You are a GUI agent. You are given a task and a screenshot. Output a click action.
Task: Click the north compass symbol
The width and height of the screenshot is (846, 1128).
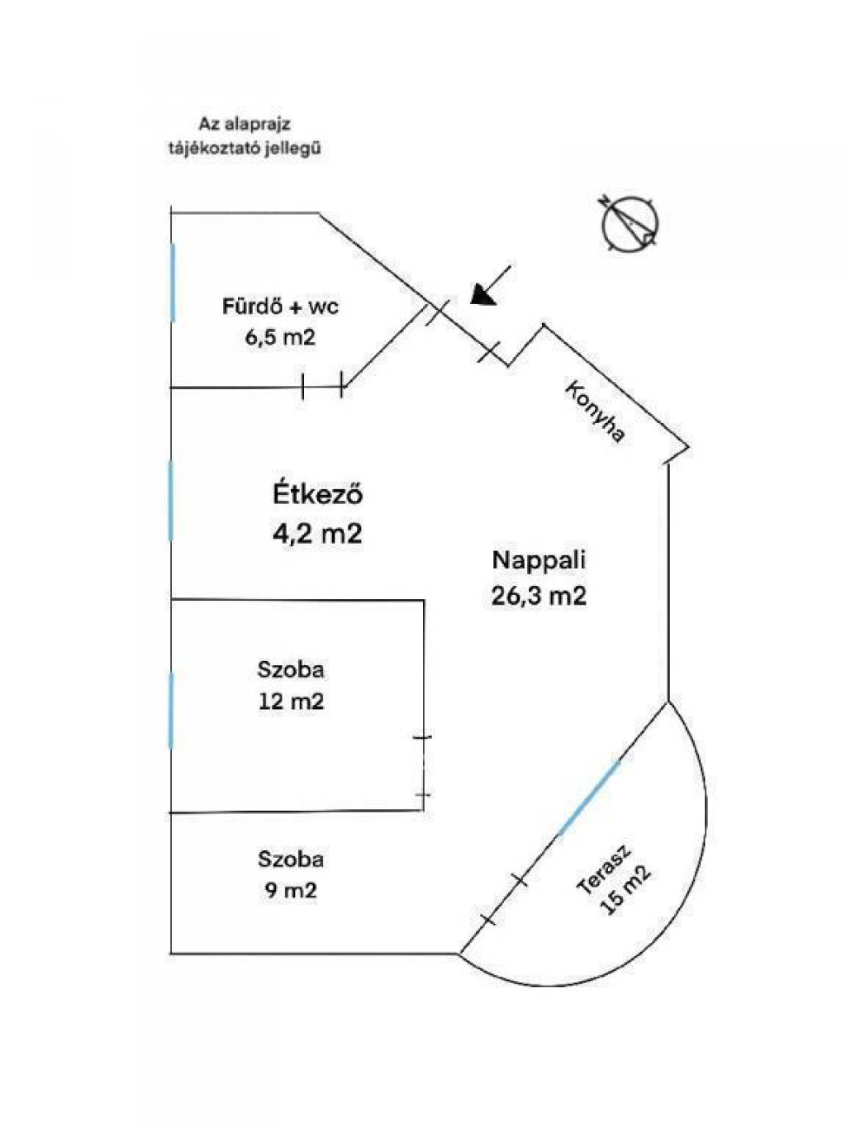[630, 225]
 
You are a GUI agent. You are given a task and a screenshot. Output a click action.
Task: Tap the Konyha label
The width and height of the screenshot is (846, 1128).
[596, 412]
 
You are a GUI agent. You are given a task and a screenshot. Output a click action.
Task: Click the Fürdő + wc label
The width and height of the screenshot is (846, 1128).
[280, 307]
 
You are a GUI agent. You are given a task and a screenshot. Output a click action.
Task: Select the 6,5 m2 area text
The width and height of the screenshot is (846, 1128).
[280, 338]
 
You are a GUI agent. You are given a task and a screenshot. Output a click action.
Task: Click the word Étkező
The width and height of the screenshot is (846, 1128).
[318, 494]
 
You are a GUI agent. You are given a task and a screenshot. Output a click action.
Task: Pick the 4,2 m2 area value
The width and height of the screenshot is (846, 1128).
[317, 533]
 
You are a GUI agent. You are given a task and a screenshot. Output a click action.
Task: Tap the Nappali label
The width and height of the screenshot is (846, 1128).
[539, 559]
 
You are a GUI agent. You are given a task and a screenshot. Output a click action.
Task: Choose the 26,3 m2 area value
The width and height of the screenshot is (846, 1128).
[539, 596]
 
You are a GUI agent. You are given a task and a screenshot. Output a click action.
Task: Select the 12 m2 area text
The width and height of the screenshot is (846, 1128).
[292, 702]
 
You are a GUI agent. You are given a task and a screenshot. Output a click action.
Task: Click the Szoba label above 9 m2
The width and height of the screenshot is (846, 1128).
[291, 859]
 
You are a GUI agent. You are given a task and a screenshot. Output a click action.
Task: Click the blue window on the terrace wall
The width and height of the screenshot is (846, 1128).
[589, 797]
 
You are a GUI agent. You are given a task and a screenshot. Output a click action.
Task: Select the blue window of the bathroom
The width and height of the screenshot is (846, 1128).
[173, 283]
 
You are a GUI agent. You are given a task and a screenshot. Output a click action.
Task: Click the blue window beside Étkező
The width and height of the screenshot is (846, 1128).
[171, 500]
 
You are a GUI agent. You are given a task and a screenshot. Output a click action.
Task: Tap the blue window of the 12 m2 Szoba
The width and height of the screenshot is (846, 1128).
[171, 710]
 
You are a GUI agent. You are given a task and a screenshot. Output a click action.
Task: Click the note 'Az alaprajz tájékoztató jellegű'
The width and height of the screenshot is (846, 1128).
[245, 136]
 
